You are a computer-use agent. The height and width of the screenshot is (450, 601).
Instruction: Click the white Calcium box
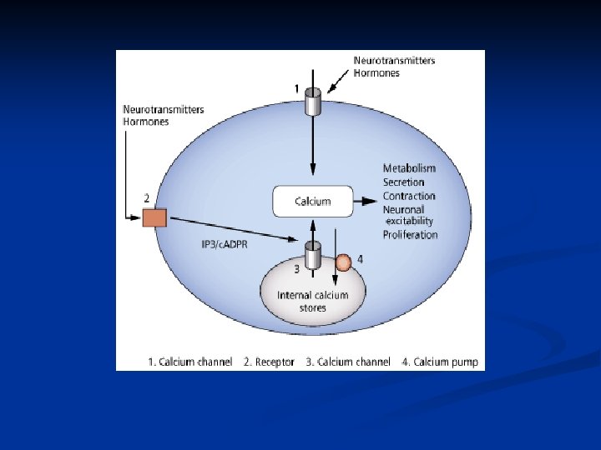pos(313,201)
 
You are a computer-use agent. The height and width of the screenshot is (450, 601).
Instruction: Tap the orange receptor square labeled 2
pos(154,217)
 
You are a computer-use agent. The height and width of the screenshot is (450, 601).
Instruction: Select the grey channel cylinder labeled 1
pos(313,102)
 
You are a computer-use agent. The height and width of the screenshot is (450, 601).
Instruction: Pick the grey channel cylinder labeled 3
pos(313,255)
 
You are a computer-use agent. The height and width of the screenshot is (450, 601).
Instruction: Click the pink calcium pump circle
pos(343,263)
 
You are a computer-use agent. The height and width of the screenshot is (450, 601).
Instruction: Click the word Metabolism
pos(409,168)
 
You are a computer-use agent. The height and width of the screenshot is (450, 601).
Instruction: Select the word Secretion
pos(404,182)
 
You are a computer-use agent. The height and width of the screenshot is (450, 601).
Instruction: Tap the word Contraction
pos(409,196)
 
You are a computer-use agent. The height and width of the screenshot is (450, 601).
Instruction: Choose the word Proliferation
pos(410,235)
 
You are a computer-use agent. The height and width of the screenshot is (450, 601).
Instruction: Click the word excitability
pos(409,222)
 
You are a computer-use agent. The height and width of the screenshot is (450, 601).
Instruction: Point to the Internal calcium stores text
pos(314,301)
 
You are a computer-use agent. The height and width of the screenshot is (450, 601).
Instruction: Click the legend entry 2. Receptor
pos(269,362)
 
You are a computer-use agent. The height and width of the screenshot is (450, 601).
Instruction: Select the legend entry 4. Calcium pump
pos(439,362)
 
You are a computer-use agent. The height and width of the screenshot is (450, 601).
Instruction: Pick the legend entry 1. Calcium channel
pos(184,362)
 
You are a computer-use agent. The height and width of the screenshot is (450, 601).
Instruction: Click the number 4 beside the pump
pos(360,259)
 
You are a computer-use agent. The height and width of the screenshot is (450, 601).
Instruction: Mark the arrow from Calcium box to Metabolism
pos(365,201)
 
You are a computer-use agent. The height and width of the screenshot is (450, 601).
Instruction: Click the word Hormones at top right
pos(376,73)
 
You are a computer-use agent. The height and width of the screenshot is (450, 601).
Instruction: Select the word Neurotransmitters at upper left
pos(163,109)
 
